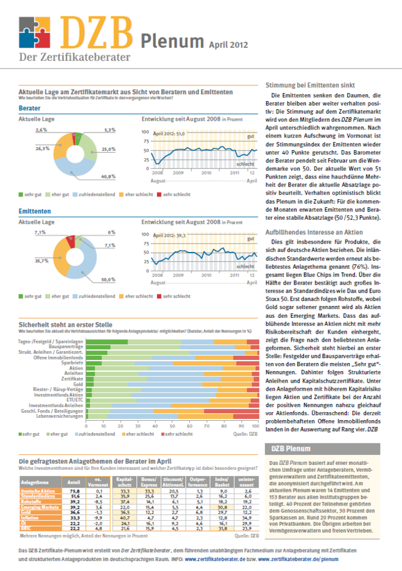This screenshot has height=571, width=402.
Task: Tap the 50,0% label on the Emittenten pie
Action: [109, 279]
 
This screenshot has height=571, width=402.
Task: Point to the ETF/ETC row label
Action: [73, 400]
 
